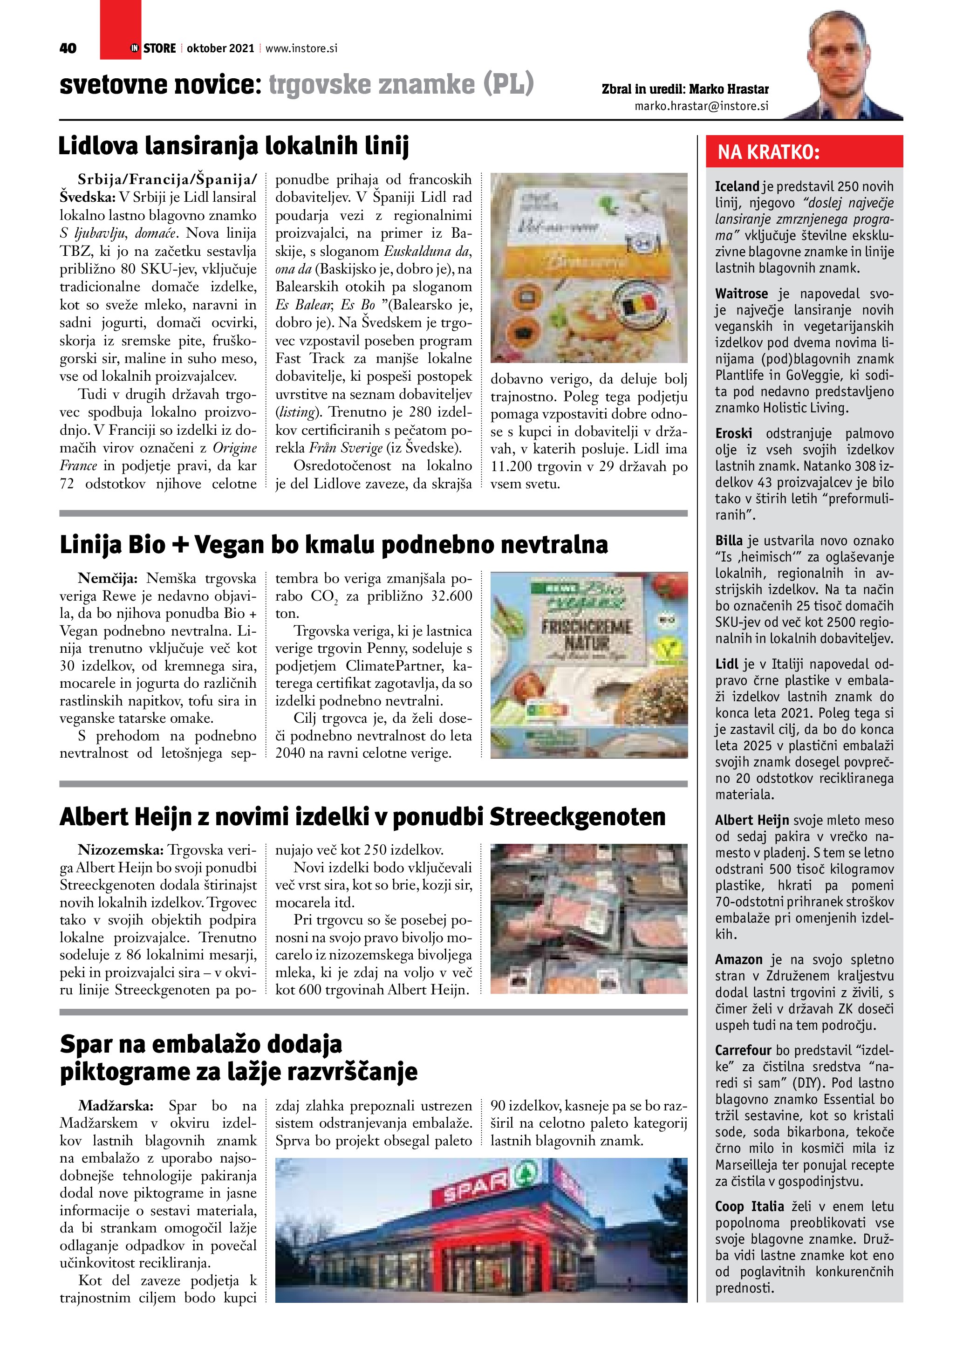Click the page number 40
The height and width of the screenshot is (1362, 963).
tap(68, 48)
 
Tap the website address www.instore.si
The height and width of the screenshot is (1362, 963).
tap(301, 48)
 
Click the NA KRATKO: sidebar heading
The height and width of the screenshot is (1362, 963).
tap(769, 152)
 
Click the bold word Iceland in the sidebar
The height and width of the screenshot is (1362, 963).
tap(737, 186)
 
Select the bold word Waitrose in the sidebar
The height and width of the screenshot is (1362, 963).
tap(741, 294)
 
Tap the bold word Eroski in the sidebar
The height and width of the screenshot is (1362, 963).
tap(733, 433)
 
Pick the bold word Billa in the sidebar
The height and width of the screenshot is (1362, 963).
tap(729, 541)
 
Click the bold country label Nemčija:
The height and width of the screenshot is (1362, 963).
tap(108, 578)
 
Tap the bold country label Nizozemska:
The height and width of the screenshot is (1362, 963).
tap(122, 850)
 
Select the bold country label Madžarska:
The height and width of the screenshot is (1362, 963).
tap(116, 1106)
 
